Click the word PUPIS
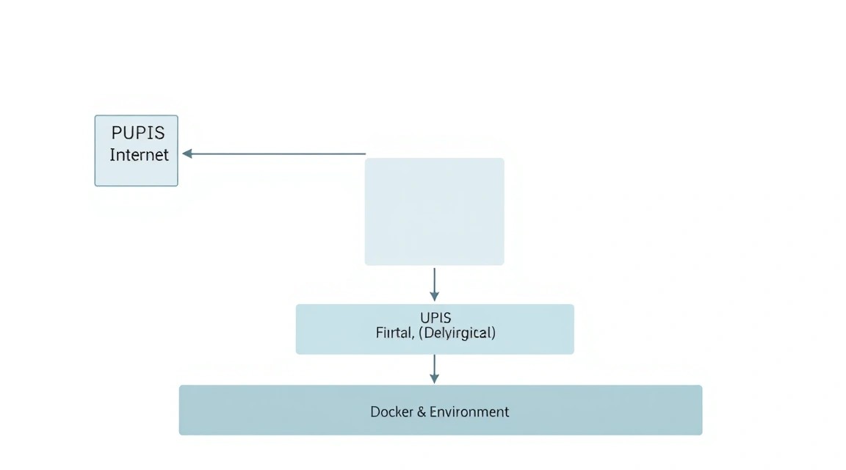pos(138,133)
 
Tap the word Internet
pos(140,155)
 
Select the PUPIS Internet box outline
pos(95,151)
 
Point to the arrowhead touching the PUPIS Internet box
pos(187,153)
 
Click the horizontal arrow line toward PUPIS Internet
pos(274,153)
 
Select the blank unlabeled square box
pos(434,211)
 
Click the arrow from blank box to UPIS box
pos(434,284)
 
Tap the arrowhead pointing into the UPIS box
pos(434,296)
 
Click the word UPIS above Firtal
pos(435,317)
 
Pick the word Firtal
pos(394,333)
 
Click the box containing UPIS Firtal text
pos(435,329)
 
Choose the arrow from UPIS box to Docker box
pos(434,369)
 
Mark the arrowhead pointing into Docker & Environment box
pos(434,379)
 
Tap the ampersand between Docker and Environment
pos(422,412)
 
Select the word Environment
pos(469,412)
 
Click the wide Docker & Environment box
pos(441,410)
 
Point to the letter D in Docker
pos(375,412)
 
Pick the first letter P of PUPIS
pos(117,133)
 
